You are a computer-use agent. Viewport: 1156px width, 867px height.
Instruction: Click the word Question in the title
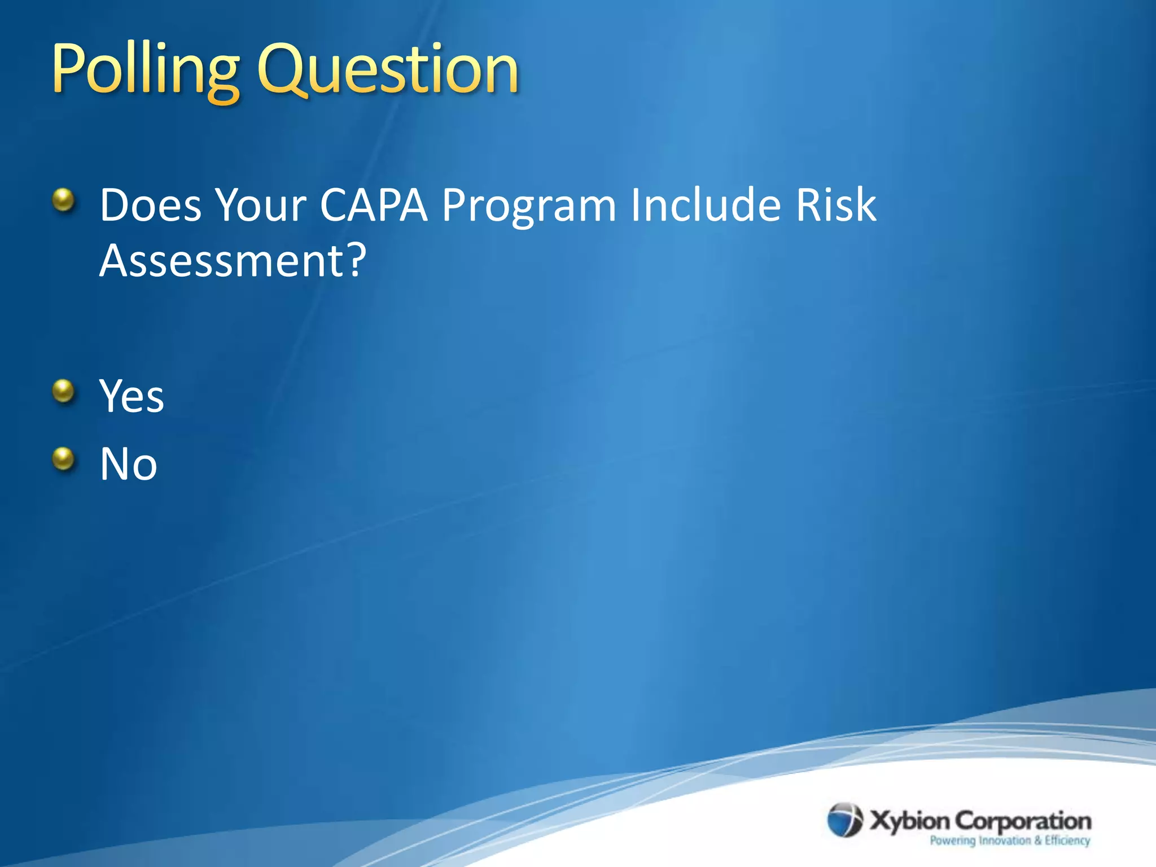388,71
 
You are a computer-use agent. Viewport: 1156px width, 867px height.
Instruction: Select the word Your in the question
261,205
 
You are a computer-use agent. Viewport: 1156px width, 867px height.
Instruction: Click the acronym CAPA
374,205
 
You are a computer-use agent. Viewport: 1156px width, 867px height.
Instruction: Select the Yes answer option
132,396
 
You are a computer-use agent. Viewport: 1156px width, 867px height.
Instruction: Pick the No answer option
129,464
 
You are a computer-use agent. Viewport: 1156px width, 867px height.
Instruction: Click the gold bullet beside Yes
64,391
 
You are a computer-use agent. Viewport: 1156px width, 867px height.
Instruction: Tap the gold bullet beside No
64,459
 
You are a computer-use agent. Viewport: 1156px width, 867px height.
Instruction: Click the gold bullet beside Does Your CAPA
64,200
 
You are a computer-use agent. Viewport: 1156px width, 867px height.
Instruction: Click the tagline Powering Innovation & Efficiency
1010,840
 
